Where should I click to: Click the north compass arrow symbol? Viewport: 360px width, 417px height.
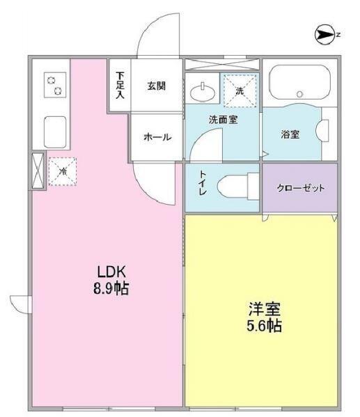(324, 35)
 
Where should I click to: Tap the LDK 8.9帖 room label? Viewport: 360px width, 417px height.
(111, 280)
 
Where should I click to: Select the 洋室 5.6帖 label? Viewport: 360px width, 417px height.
(264, 317)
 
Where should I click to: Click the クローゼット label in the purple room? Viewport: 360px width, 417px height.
(301, 188)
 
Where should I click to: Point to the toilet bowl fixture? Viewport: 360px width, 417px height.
(238, 186)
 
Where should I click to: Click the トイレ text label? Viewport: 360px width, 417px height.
(203, 183)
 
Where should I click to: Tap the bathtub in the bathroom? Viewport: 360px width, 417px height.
(299, 82)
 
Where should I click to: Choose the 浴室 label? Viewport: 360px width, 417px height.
(290, 134)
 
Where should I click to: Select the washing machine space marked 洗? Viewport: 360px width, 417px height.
(240, 91)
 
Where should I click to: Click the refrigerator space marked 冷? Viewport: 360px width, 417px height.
(63, 171)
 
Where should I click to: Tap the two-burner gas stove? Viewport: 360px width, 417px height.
(55, 84)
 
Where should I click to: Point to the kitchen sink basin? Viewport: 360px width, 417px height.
(55, 132)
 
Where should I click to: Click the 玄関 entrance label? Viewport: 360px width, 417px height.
(157, 86)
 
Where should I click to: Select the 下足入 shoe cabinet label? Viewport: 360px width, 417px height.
(120, 86)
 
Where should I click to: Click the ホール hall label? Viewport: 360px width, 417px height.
(157, 137)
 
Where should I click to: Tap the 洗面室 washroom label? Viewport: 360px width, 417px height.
(224, 120)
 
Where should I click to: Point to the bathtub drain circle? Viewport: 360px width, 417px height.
(300, 94)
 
